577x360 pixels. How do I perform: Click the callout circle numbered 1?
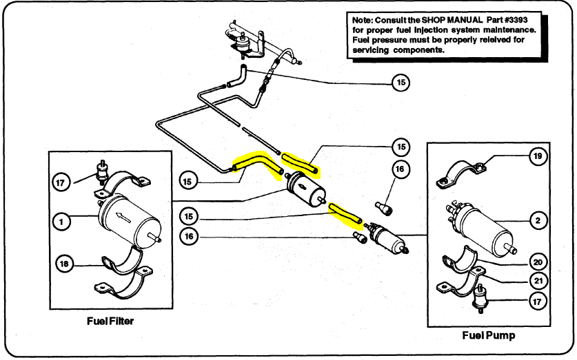click(x=61, y=222)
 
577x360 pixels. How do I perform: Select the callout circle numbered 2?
click(x=538, y=221)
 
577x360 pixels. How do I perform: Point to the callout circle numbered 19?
click(x=537, y=156)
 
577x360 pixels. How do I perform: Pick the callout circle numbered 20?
click(x=538, y=262)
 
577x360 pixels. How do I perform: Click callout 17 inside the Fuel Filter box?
click(x=61, y=182)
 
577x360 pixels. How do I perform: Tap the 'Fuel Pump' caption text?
click(x=489, y=335)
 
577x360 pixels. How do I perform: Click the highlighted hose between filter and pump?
click(x=345, y=213)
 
